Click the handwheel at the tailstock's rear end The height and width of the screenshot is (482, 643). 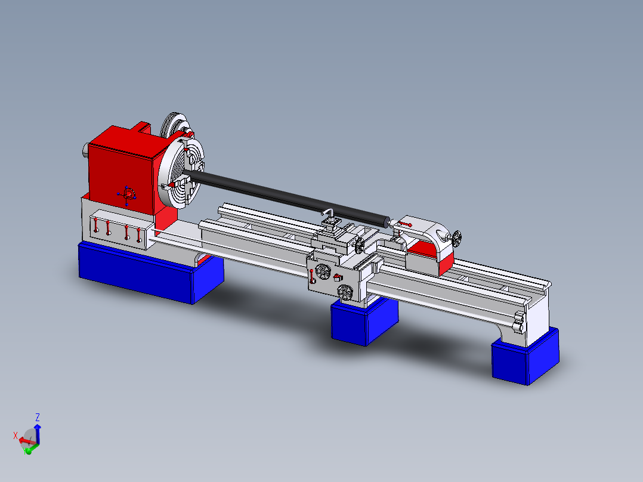tap(456, 239)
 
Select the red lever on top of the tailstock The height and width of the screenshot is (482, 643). tap(405, 224)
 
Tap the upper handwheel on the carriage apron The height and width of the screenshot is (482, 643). tap(323, 271)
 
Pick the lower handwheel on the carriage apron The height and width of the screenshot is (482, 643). tap(345, 292)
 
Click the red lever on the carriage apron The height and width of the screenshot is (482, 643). tap(312, 276)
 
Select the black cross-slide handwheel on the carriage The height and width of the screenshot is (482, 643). tap(360, 246)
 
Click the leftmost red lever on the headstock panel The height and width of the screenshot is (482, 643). tap(95, 225)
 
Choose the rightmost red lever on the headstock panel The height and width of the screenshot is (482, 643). tap(138, 234)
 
